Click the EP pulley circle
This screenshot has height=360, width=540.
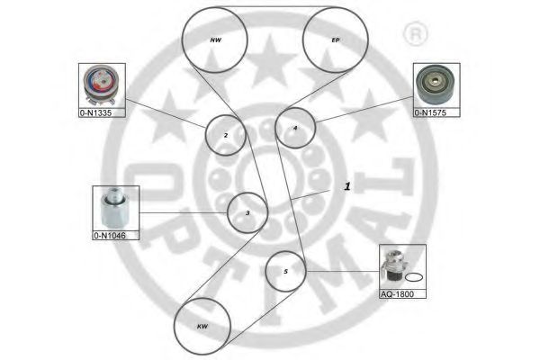click(335, 40)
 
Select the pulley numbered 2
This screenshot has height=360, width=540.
click(225, 136)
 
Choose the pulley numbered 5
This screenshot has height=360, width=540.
click(285, 271)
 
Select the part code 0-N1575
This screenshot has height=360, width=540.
click(436, 112)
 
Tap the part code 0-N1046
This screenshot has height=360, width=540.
click(112, 236)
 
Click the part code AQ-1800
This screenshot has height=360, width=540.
click(400, 293)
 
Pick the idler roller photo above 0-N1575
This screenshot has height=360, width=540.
click(436, 85)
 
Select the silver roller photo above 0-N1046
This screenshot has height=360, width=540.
click(114, 209)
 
